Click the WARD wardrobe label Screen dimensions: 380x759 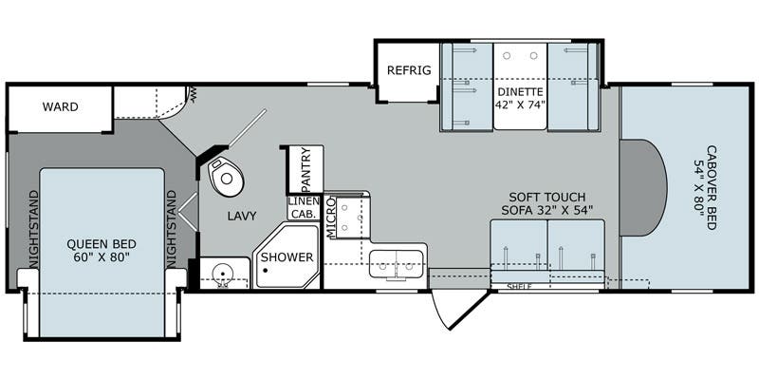click(x=60, y=106)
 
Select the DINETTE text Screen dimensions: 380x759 click(x=520, y=92)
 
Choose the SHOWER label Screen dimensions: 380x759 click(x=287, y=257)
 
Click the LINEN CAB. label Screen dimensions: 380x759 click(x=305, y=208)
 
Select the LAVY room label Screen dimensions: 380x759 click(x=242, y=216)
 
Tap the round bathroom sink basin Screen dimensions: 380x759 click(x=221, y=275)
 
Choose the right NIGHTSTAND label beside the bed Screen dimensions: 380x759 click(x=172, y=228)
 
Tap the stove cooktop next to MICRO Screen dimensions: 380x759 click(x=353, y=215)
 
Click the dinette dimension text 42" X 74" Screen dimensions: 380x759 click(x=521, y=105)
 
